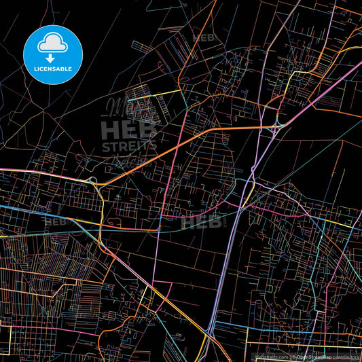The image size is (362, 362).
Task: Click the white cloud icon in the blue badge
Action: click(x=53, y=43)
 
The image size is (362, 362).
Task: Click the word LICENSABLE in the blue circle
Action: click(x=53, y=68)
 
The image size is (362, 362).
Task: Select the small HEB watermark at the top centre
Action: click(x=203, y=39)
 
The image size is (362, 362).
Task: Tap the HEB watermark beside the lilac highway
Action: click(x=201, y=222)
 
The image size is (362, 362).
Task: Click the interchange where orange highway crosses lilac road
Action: click(x=274, y=127)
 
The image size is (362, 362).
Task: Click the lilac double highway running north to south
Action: click(x=228, y=258)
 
